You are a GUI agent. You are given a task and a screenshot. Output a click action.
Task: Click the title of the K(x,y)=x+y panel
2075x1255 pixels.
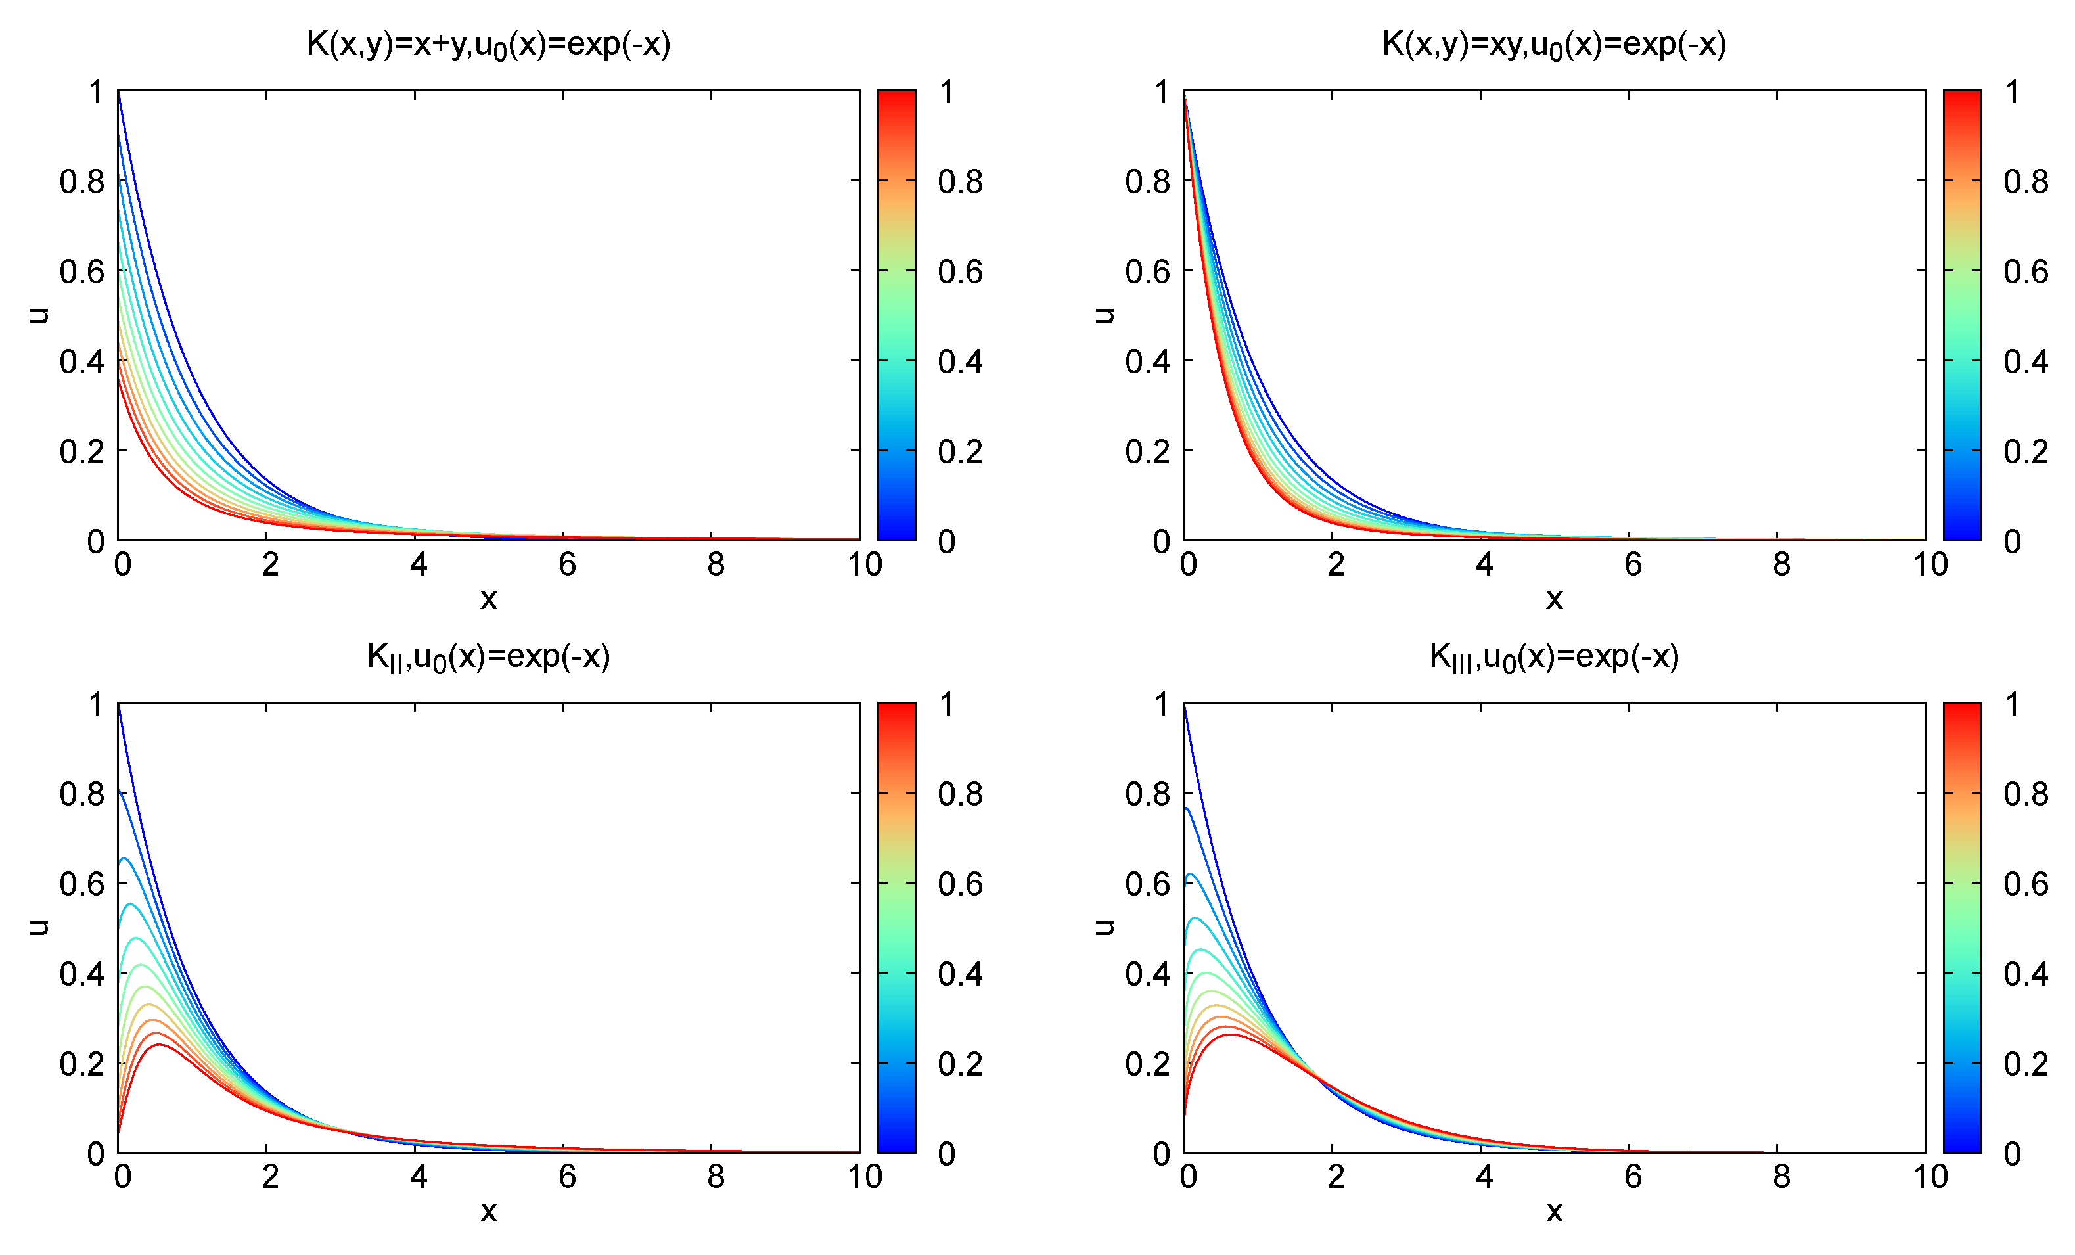pos(488,45)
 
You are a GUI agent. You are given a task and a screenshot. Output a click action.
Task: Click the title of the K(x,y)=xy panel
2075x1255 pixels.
pos(1554,45)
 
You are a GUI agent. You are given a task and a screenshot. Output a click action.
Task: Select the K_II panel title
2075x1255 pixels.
pos(488,657)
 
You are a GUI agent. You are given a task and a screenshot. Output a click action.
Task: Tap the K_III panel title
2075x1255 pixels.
pos(1554,657)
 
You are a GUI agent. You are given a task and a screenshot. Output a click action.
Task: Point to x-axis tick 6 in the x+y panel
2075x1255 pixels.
pos(567,565)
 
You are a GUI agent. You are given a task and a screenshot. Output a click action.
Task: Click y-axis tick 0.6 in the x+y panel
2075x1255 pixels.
pos(81,272)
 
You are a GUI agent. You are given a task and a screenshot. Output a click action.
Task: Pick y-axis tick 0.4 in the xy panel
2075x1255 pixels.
pos(1147,362)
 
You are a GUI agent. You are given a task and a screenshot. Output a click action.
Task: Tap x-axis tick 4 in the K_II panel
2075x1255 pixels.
pos(419,1177)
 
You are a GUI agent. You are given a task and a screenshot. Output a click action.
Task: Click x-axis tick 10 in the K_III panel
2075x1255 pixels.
pos(1930,1177)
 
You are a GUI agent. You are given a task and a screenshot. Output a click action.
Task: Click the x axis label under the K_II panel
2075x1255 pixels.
pos(488,1211)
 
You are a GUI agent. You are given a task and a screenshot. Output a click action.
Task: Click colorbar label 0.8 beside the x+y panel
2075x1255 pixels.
pos(960,182)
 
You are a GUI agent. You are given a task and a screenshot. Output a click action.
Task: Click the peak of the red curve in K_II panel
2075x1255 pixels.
pos(158,1045)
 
